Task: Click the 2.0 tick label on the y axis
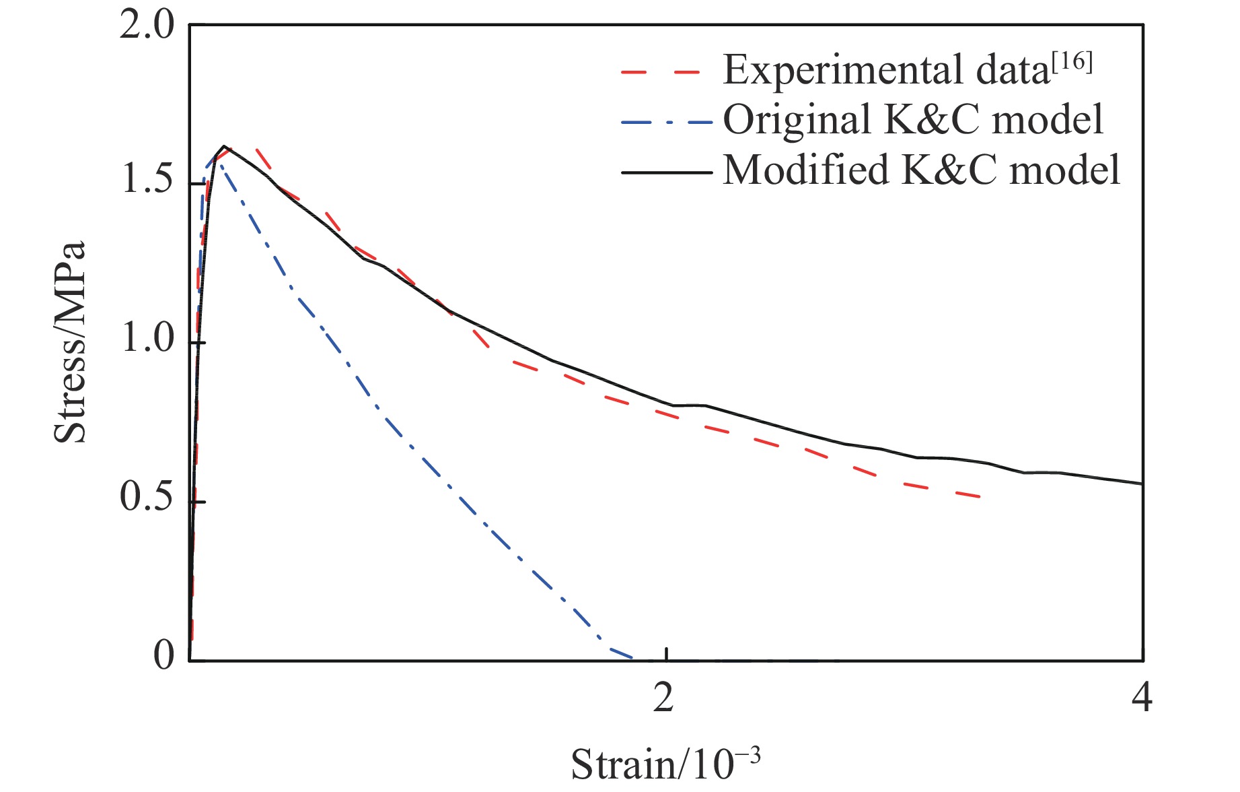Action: pyautogui.click(x=146, y=27)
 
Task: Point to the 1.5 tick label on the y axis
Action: pyautogui.click(x=146, y=182)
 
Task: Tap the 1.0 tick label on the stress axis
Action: pyautogui.click(x=146, y=340)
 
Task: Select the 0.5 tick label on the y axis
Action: pyautogui.click(x=146, y=498)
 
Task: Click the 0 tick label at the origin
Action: pyautogui.click(x=163, y=655)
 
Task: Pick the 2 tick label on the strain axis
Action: pyautogui.click(x=663, y=698)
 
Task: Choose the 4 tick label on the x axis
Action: pyautogui.click(x=1142, y=698)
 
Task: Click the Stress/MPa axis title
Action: pyautogui.click(x=70, y=342)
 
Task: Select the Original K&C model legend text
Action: pyautogui.click(x=913, y=121)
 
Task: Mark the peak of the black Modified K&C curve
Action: pyautogui.click(x=224, y=146)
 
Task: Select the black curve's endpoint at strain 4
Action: pyautogui.click(x=1142, y=484)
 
